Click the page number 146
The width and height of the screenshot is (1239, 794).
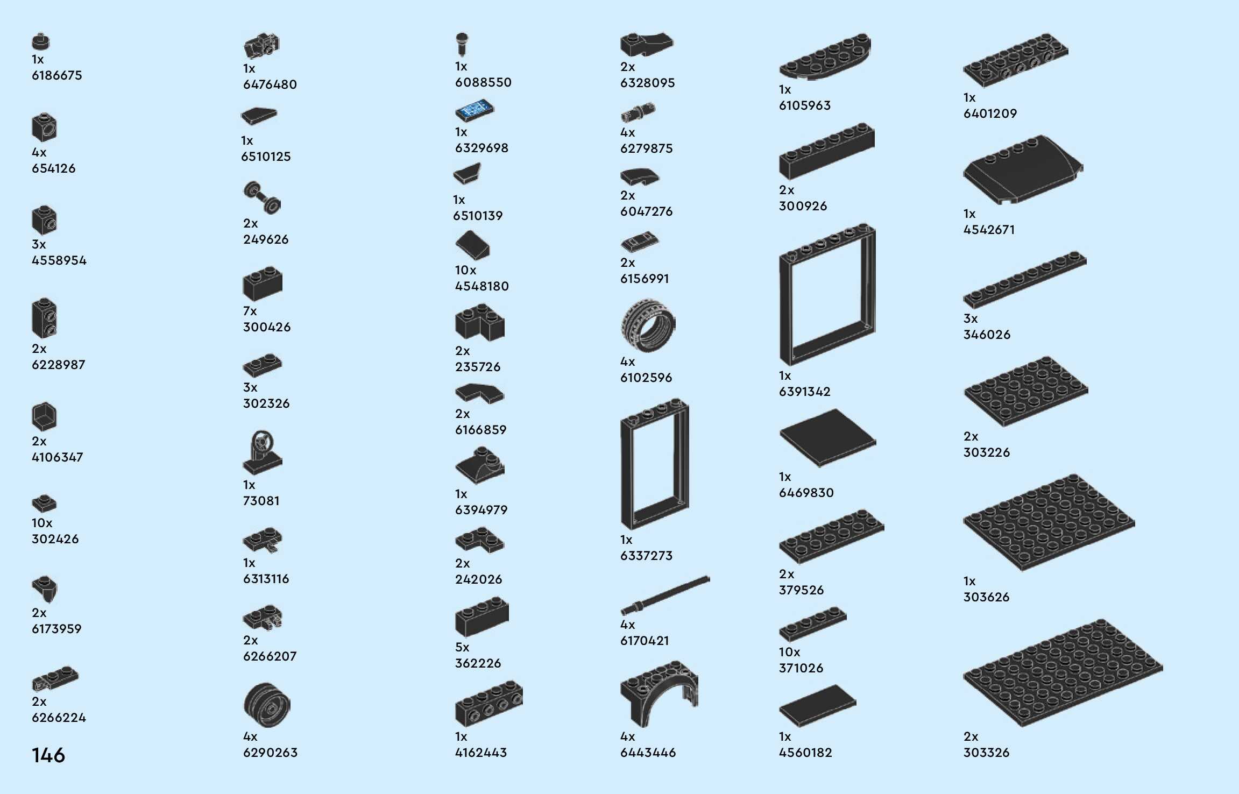48,755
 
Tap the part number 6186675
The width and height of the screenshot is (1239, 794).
57,75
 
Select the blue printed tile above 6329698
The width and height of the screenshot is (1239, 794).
474,110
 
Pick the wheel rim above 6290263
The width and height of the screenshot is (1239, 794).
267,705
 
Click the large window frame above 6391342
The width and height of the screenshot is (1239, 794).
827,294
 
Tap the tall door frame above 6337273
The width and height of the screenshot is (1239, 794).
654,464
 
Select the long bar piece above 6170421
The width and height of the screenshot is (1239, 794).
665,595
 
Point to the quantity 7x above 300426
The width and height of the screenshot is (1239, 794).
250,311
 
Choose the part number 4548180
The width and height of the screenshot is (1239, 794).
482,286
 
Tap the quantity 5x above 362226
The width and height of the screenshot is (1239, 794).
462,647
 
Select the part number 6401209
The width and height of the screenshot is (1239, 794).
990,114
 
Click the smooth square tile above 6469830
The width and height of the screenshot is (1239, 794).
827,437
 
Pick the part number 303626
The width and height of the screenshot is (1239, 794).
986,597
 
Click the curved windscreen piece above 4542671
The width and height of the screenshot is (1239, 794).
1022,169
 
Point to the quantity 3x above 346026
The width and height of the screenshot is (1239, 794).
970,318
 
